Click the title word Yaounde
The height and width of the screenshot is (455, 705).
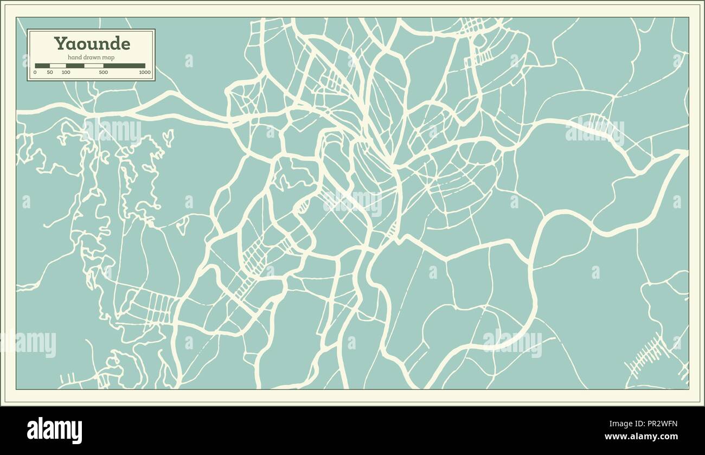point(91,43)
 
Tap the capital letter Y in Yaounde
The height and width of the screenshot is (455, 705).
point(58,43)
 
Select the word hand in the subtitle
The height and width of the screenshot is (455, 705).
point(74,57)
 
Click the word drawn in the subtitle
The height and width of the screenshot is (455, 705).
point(92,57)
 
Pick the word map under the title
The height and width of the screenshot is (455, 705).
point(109,57)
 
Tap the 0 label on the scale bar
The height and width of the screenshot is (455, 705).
point(35,72)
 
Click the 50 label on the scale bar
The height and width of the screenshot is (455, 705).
point(50,72)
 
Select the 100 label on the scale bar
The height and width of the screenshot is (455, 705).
point(66,72)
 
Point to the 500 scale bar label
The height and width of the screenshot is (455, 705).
point(103,72)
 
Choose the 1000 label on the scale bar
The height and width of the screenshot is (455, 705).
point(144,72)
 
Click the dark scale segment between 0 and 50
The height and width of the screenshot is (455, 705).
point(42,66)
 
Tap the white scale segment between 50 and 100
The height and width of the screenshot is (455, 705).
point(57,66)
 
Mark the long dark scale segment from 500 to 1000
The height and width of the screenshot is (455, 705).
point(124,66)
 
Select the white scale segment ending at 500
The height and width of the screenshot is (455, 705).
point(93,66)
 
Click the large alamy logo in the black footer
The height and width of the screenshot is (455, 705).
point(54,430)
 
